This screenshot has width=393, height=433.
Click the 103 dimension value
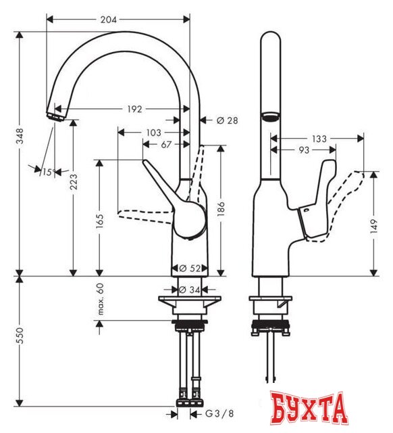153,133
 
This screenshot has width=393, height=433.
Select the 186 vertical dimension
220,212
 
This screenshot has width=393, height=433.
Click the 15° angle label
47,173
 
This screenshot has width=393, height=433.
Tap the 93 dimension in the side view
306,150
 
